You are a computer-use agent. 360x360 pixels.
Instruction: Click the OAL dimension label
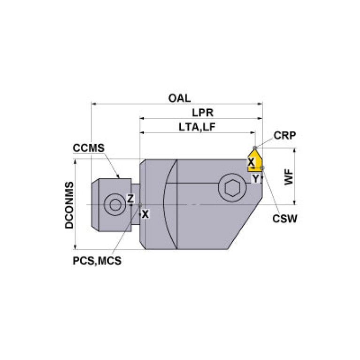click(x=180, y=98)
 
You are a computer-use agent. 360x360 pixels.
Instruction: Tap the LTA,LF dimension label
click(x=197, y=127)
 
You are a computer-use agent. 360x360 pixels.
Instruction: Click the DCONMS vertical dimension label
click(x=69, y=205)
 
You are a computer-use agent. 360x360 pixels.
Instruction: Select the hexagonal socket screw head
click(x=230, y=188)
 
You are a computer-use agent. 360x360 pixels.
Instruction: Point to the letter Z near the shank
click(x=131, y=199)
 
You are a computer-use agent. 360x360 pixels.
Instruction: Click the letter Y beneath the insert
click(x=255, y=178)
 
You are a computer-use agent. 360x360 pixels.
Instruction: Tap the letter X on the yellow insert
click(x=251, y=162)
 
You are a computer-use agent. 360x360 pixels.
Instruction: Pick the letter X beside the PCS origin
click(x=145, y=214)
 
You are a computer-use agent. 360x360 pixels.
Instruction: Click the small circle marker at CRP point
click(x=255, y=148)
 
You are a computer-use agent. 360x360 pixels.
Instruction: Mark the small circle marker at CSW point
click(x=263, y=168)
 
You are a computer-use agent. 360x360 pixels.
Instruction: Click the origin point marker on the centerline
click(x=140, y=204)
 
